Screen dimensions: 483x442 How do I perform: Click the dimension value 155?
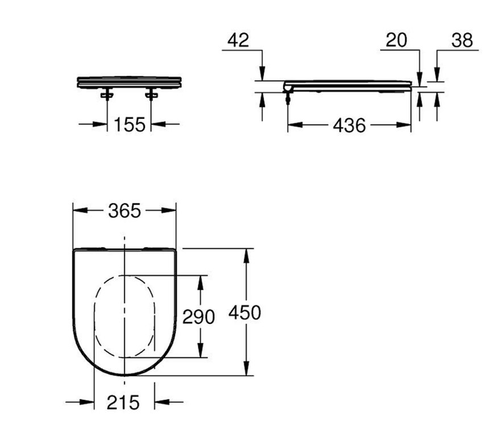(130, 124)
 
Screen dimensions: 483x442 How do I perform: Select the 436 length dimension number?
(349, 126)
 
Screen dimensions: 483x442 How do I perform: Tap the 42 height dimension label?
(238, 40)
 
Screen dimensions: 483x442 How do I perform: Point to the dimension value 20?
(396, 40)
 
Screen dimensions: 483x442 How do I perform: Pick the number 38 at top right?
(462, 40)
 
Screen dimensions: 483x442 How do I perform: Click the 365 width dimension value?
(124, 211)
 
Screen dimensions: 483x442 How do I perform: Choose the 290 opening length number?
(198, 316)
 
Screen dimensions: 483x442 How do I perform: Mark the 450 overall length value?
(244, 312)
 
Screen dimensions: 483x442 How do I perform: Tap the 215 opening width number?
(123, 402)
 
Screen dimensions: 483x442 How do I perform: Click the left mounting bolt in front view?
(107, 94)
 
